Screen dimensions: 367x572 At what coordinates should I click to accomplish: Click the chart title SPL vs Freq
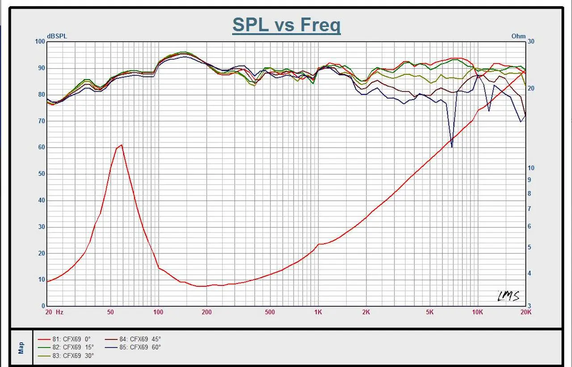pyautogui.click(x=286, y=25)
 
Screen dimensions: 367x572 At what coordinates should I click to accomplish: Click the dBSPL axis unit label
pyautogui.click(x=57, y=37)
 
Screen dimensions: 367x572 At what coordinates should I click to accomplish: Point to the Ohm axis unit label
pyautogui.click(x=518, y=37)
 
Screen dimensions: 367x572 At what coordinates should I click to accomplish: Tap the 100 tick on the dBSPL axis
pyautogui.click(x=40, y=41)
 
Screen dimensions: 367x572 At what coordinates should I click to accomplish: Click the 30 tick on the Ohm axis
pyautogui.click(x=531, y=41)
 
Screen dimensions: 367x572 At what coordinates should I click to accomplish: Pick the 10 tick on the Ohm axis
pyautogui.click(x=531, y=168)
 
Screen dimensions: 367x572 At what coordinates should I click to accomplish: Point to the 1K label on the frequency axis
pyautogui.click(x=318, y=312)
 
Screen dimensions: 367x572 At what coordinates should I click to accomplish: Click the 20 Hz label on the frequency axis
pyautogui.click(x=55, y=312)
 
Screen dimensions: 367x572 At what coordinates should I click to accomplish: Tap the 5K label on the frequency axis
pyautogui.click(x=429, y=312)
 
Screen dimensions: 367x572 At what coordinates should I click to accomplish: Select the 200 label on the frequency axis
pyautogui.click(x=206, y=312)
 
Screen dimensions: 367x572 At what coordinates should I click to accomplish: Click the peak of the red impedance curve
pyautogui.click(x=121, y=145)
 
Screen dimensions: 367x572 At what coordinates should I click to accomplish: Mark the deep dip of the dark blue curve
pyautogui.click(x=452, y=147)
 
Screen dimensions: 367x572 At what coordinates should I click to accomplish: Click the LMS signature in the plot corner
pyautogui.click(x=509, y=296)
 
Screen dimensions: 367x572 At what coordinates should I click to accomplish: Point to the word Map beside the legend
pyautogui.click(x=21, y=348)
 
